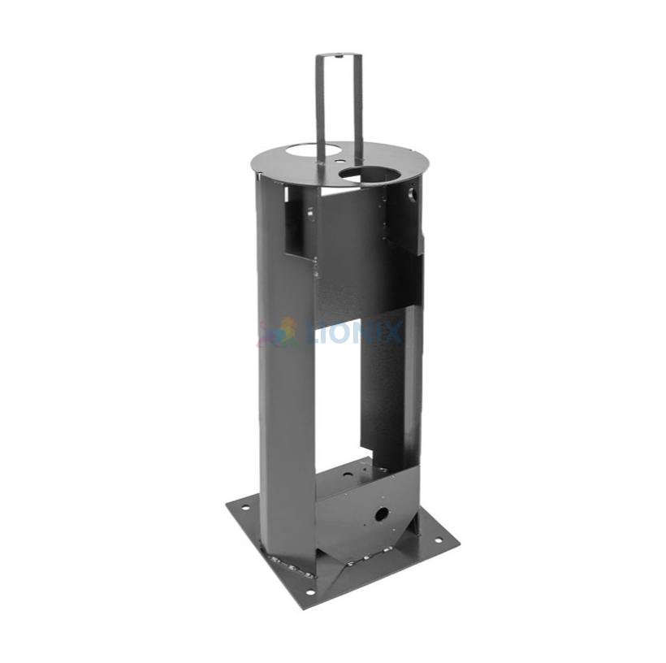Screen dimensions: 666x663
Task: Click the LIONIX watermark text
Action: click(354, 333)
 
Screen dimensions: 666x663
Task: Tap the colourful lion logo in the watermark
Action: click(279, 332)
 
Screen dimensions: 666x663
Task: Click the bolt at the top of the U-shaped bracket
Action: click(339, 55)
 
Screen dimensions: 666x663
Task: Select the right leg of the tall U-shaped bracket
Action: click(357, 106)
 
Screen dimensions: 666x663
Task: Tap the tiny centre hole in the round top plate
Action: click(339, 161)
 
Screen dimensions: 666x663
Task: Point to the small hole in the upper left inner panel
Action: click(311, 214)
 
